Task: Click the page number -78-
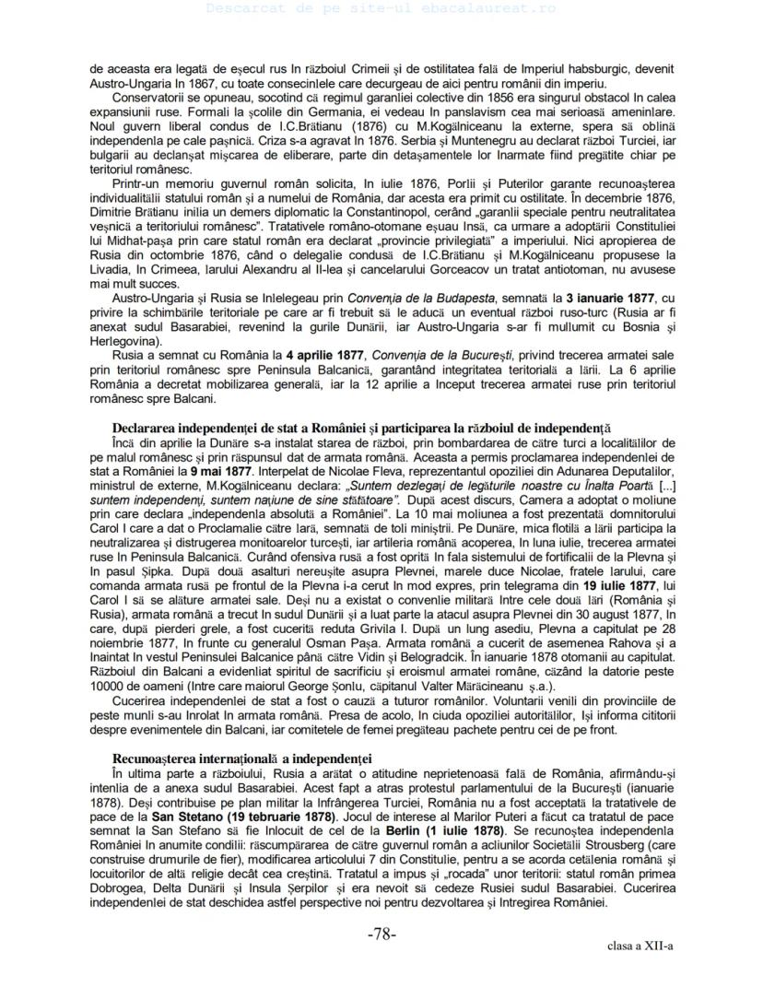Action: (381, 934)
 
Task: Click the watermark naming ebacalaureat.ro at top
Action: (381, 7)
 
